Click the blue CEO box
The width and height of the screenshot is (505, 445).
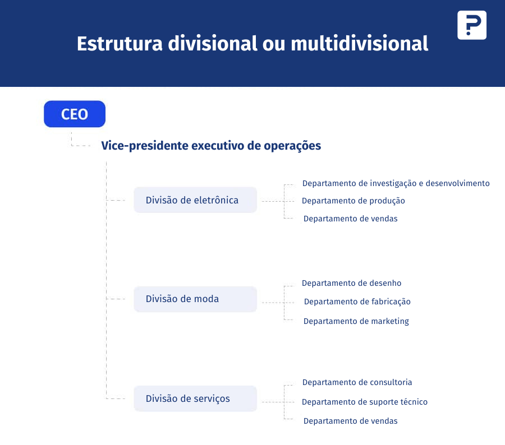click(x=75, y=114)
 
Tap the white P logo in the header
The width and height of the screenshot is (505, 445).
click(x=472, y=25)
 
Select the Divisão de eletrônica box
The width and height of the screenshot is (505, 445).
click(x=195, y=200)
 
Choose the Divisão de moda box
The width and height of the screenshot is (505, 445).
click(x=195, y=299)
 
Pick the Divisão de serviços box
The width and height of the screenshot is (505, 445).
click(x=195, y=398)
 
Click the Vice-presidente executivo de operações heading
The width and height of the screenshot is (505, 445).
click(x=211, y=146)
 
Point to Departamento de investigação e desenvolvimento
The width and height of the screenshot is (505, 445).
click(x=396, y=183)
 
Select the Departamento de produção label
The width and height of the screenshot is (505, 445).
click(x=353, y=201)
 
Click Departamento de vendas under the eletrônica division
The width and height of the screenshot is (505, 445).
click(x=350, y=219)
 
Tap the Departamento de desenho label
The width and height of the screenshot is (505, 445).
click(x=351, y=283)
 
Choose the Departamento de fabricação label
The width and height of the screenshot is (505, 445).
click(x=357, y=302)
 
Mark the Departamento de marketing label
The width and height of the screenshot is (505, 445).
click(x=356, y=321)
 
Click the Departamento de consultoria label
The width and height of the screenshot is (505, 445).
click(x=357, y=382)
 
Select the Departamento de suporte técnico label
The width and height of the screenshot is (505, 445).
click(x=365, y=402)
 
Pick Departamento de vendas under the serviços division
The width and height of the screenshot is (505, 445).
click(x=350, y=421)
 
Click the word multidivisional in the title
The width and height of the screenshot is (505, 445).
click(x=360, y=44)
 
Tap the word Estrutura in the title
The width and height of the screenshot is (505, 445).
click(x=120, y=44)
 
